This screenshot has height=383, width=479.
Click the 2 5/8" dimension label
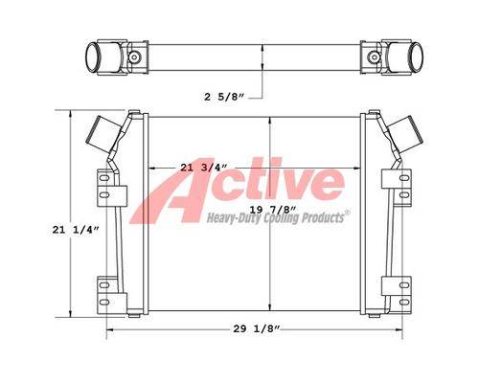tap(224, 97)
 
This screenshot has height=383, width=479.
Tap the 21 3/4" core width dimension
tap(204, 168)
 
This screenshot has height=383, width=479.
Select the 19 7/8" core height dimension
tap(273, 210)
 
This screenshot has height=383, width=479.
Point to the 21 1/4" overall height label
tap(76, 230)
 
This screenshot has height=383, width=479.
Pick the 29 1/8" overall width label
tap(257, 328)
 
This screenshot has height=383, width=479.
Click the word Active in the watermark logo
tap(238, 189)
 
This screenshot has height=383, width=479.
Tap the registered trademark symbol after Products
tap(347, 213)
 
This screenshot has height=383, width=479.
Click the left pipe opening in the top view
tap(93, 57)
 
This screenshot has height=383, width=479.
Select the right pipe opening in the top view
tap(415, 57)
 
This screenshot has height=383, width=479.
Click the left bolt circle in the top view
tap(134, 57)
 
